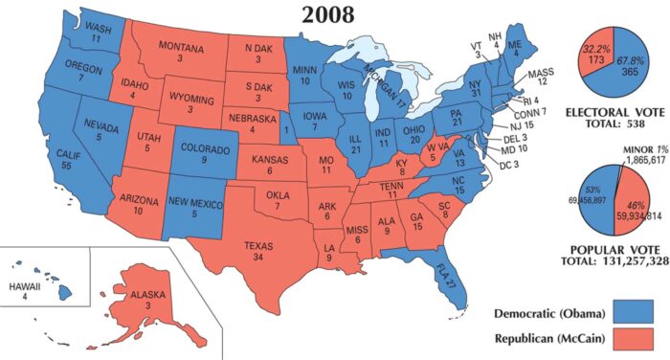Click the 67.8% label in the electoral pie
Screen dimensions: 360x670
coord(626,58)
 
